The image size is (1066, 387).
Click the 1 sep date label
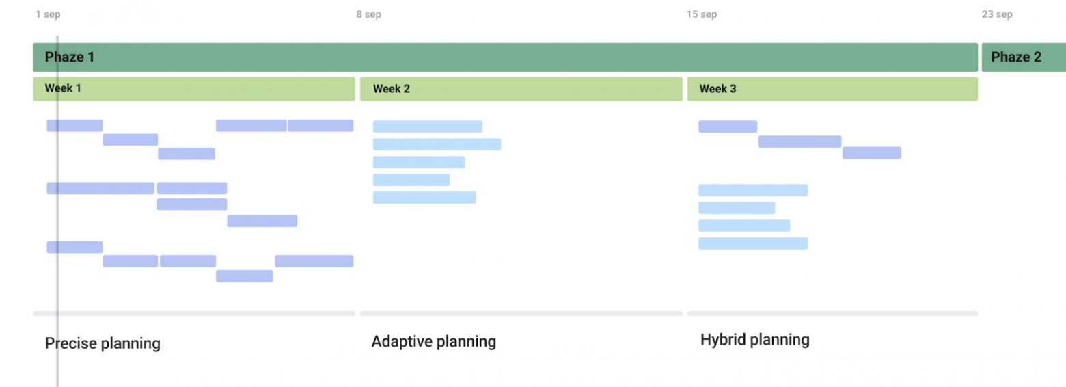click(48, 14)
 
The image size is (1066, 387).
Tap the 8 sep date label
click(369, 14)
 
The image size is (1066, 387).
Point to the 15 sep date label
click(702, 14)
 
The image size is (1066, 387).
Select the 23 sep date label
click(997, 14)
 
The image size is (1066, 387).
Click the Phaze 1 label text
click(70, 57)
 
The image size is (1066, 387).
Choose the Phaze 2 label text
click(1016, 57)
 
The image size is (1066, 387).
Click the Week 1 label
click(63, 88)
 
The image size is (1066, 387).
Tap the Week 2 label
click(391, 88)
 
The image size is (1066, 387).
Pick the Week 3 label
click(717, 88)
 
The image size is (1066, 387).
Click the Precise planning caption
click(102, 343)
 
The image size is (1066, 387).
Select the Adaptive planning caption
click(433, 341)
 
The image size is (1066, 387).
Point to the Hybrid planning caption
click(755, 339)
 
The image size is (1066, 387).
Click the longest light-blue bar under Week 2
click(437, 144)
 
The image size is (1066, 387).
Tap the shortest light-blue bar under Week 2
click(411, 180)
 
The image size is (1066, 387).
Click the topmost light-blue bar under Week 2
click(427, 126)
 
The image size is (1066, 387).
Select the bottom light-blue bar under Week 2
click(424, 198)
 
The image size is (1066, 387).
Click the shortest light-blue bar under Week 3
click(737, 208)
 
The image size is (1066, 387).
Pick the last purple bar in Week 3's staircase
click(872, 152)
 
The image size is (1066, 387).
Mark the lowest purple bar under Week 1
click(245, 276)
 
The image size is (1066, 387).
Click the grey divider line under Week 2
click(521, 314)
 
